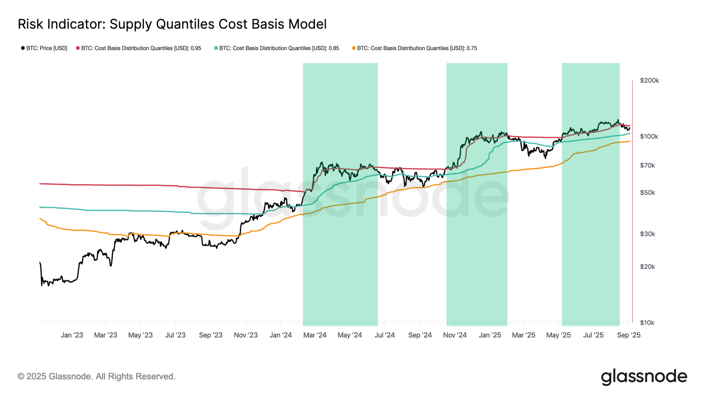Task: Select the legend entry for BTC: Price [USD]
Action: click(x=44, y=48)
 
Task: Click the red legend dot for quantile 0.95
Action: click(x=78, y=48)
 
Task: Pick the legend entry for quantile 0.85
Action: click(x=277, y=48)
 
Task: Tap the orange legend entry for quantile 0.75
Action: click(x=414, y=48)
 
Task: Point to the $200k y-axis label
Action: click(x=649, y=80)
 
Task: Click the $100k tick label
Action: click(x=649, y=137)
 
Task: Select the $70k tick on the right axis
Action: click(x=647, y=166)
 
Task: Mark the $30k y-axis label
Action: click(x=647, y=234)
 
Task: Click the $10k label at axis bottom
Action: click(x=647, y=323)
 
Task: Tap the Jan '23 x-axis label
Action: click(x=72, y=335)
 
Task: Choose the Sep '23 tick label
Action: click(x=210, y=335)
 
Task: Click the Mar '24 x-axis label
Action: click(x=315, y=335)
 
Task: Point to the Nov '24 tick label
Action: click(x=455, y=335)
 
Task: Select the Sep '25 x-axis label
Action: click(x=629, y=335)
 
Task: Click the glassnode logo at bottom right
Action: click(x=644, y=376)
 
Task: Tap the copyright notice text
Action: click(x=96, y=376)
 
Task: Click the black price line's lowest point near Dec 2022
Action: click(x=42, y=285)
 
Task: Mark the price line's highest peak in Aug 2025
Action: click(x=618, y=120)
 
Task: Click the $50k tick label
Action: click(x=647, y=193)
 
